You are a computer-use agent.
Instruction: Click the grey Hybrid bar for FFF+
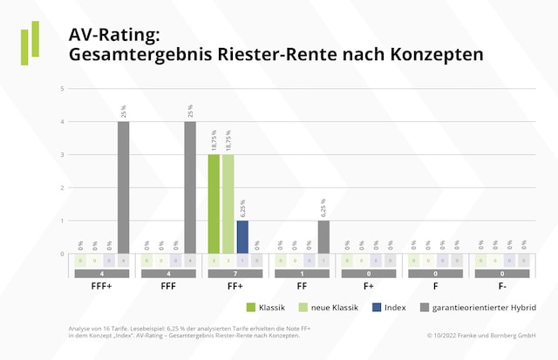(x=123, y=187)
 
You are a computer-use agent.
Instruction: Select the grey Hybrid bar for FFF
(x=190, y=187)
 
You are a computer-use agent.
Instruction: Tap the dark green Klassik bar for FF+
(x=214, y=204)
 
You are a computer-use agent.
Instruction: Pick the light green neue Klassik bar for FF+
(x=228, y=204)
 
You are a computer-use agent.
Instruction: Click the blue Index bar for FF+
(x=242, y=237)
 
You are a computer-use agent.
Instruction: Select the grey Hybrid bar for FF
(x=323, y=237)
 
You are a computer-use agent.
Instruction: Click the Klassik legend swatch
(x=252, y=307)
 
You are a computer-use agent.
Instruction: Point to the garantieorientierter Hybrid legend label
(x=483, y=307)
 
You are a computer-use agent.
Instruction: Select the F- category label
(x=503, y=285)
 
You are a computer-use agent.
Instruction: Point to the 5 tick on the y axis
(x=61, y=89)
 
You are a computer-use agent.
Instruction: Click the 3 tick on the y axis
(x=61, y=155)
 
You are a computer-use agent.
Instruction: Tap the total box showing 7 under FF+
(x=235, y=273)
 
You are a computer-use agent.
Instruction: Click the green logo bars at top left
(x=31, y=44)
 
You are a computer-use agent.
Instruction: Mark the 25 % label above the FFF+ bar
(x=124, y=112)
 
